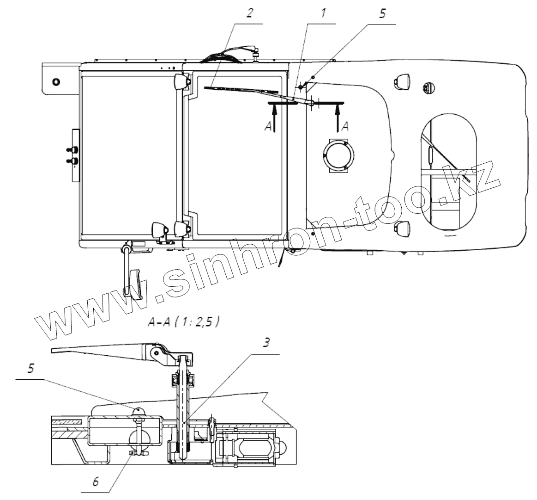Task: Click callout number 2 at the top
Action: (x=249, y=13)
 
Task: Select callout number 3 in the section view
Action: (x=266, y=343)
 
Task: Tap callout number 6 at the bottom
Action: (x=96, y=482)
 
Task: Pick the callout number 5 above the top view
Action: (x=382, y=13)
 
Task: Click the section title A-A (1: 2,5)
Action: (x=183, y=322)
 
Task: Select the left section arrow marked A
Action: (x=273, y=119)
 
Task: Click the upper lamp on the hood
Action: (x=401, y=82)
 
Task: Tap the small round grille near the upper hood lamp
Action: (x=428, y=86)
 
